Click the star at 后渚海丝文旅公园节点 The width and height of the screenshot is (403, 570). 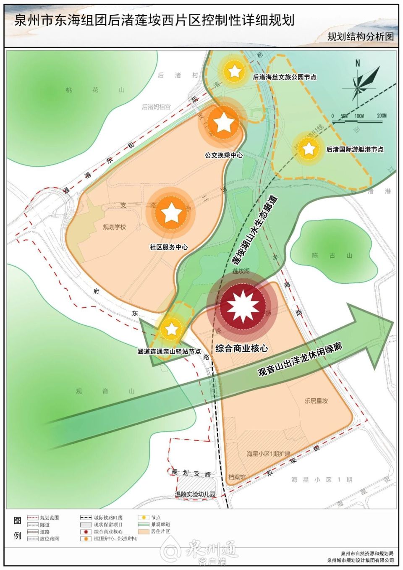coord(234,71)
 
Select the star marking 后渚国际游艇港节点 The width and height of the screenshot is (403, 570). coord(309,149)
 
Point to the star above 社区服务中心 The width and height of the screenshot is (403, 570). coord(171,213)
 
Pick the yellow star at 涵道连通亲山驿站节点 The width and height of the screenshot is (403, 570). coord(171,329)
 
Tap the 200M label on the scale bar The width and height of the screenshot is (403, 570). coord(382,116)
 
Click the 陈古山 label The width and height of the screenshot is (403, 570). coord(332,256)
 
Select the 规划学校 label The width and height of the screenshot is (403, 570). coord(114,227)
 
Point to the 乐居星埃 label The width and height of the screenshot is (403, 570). coord(316,401)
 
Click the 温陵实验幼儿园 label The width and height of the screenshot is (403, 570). coord(195,494)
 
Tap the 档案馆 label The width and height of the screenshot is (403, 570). coord(237,477)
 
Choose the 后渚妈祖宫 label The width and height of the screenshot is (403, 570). coord(156,107)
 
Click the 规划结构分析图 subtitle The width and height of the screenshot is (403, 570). coord(360,37)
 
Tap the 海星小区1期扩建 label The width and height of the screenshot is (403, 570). coord(268,454)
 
